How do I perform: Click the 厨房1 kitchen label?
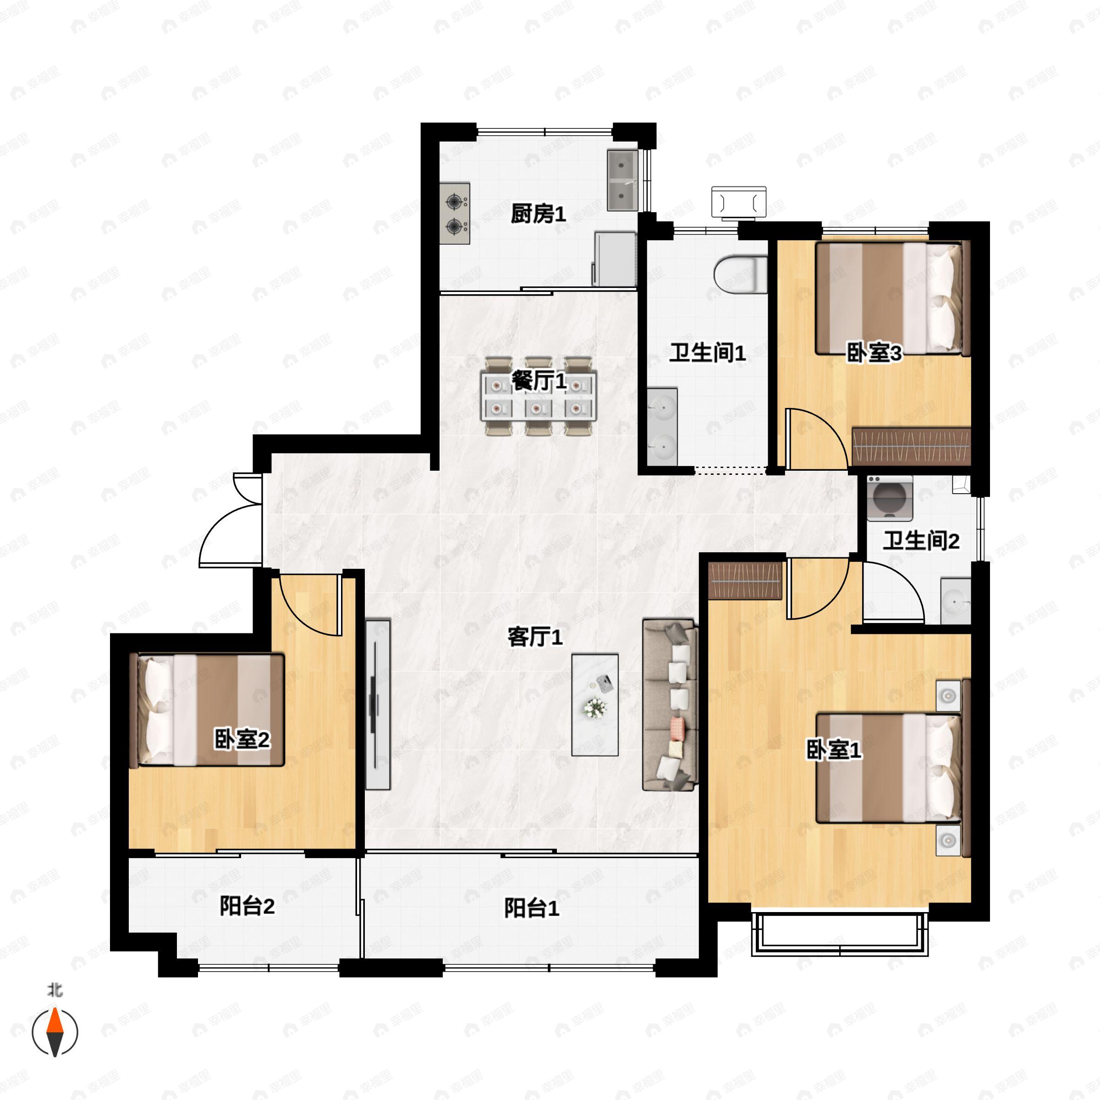(538, 214)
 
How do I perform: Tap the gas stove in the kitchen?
(454, 214)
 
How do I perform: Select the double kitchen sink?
(622, 180)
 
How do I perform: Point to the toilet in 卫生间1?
(739, 275)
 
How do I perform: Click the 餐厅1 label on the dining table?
(538, 381)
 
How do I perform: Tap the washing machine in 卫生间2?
(889, 498)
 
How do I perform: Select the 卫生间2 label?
(921, 540)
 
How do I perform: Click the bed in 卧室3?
(891, 298)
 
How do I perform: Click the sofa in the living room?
(670, 705)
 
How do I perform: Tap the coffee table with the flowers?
(594, 705)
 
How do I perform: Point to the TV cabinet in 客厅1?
(378, 704)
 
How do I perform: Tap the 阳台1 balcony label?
(531, 908)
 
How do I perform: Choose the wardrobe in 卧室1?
(745, 580)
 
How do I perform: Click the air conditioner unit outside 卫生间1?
(738, 202)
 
